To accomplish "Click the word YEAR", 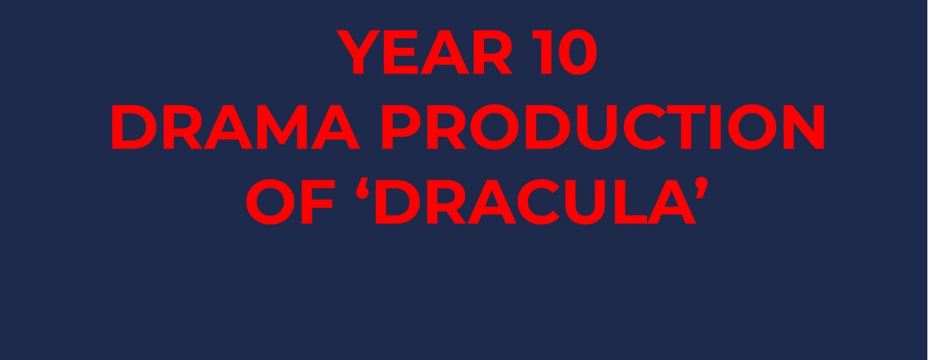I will [x=425, y=54].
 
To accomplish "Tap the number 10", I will [x=563, y=54].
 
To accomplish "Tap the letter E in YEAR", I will [x=401, y=54].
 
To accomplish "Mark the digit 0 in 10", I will [x=575, y=54].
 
